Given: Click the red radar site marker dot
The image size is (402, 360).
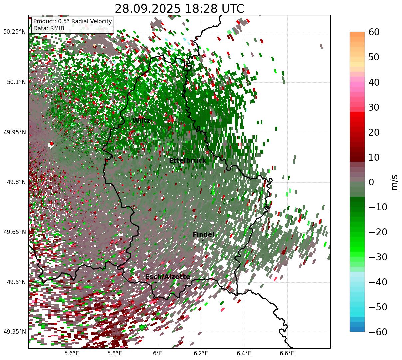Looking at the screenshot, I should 51,144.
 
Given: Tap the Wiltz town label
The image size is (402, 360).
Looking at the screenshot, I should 141,121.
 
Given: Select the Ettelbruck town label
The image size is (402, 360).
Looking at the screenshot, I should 188,161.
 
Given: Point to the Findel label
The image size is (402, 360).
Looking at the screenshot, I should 203,235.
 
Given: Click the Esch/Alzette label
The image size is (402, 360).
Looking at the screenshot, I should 168,277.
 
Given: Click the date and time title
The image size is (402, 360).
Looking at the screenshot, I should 179,9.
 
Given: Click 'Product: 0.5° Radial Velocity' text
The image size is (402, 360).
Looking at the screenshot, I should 73,21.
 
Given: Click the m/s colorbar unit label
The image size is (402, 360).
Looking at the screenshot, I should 395,182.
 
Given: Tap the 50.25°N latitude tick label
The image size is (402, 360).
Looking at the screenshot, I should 14,32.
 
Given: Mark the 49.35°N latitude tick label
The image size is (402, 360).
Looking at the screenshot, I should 14,332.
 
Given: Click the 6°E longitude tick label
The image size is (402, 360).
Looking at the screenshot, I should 158,353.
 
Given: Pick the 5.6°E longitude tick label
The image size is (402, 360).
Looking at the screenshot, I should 72,353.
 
